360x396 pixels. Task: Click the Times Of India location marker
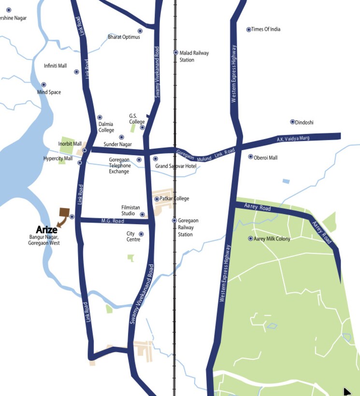pyautogui.click(x=249, y=29)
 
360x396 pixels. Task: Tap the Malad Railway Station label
pyautogui.click(x=194, y=57)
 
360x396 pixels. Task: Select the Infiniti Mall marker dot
pyautogui.click(x=76, y=72)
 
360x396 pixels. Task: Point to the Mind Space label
pyautogui.click(x=49, y=92)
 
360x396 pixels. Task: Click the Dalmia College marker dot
pyautogui.click(x=100, y=117)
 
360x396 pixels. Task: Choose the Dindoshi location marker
pyautogui.click(x=292, y=122)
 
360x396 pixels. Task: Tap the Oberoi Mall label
pyautogui.click(x=266, y=157)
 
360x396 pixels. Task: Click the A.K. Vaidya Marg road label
pyautogui.click(x=293, y=139)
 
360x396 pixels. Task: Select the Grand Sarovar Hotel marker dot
pyautogui.click(x=155, y=159)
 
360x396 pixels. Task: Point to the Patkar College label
pyautogui.click(x=174, y=198)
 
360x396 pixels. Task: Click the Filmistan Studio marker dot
pyautogui.click(x=142, y=214)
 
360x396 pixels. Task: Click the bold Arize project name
pyautogui.click(x=46, y=230)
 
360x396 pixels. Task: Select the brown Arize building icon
pyautogui.click(x=63, y=213)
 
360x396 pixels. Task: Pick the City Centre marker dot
pyautogui.click(x=141, y=234)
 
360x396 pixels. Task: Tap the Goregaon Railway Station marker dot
pyautogui.click(x=174, y=221)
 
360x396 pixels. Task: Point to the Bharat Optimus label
pyautogui.click(x=124, y=37)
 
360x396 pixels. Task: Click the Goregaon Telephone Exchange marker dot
pyautogui.click(x=139, y=160)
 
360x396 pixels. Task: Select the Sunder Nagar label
pyautogui.click(x=117, y=144)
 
